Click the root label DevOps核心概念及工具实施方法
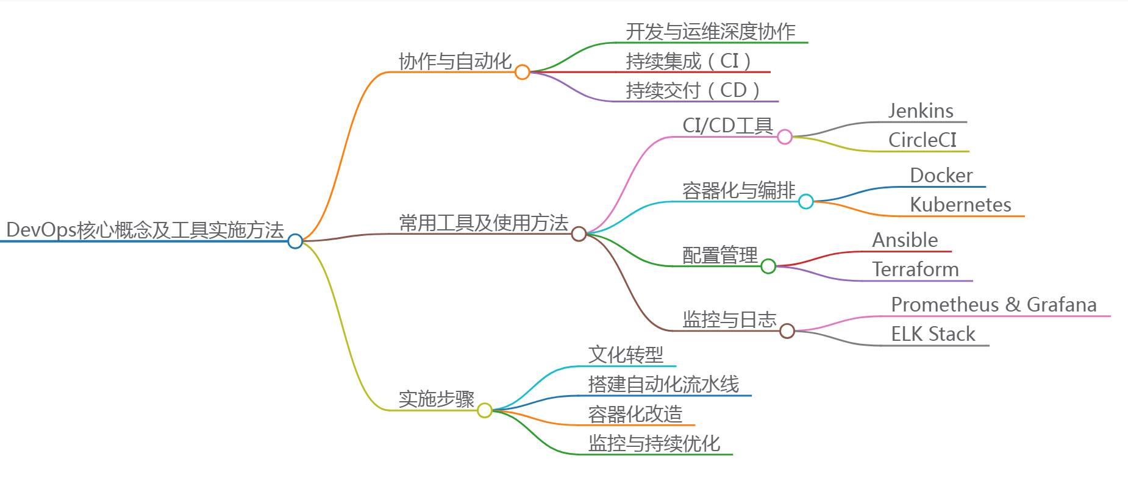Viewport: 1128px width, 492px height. click(x=145, y=230)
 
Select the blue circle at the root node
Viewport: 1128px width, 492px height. click(x=295, y=241)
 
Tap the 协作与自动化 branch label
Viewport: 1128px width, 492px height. click(x=455, y=61)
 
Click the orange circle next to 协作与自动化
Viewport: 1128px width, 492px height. click(x=522, y=72)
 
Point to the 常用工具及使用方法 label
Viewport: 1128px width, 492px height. click(x=484, y=223)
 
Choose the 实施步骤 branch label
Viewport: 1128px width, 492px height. click(x=437, y=399)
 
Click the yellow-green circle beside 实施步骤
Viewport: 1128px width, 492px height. click(x=485, y=410)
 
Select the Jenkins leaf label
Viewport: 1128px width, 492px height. click(x=921, y=111)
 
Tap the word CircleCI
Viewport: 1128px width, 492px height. click(x=923, y=140)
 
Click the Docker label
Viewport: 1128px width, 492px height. click(x=941, y=176)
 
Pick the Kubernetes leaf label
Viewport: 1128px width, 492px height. click(x=960, y=205)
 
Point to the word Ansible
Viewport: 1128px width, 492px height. click(x=905, y=240)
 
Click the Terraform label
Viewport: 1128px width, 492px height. click(x=915, y=269)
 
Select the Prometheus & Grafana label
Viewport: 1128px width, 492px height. click(x=994, y=305)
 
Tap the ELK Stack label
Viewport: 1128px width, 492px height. click(x=933, y=334)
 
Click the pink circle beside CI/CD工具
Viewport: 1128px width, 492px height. click(x=785, y=137)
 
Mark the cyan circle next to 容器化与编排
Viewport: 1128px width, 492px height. click(x=806, y=201)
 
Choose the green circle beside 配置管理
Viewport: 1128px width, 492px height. click(x=768, y=266)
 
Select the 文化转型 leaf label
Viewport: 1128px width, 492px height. click(x=626, y=355)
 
